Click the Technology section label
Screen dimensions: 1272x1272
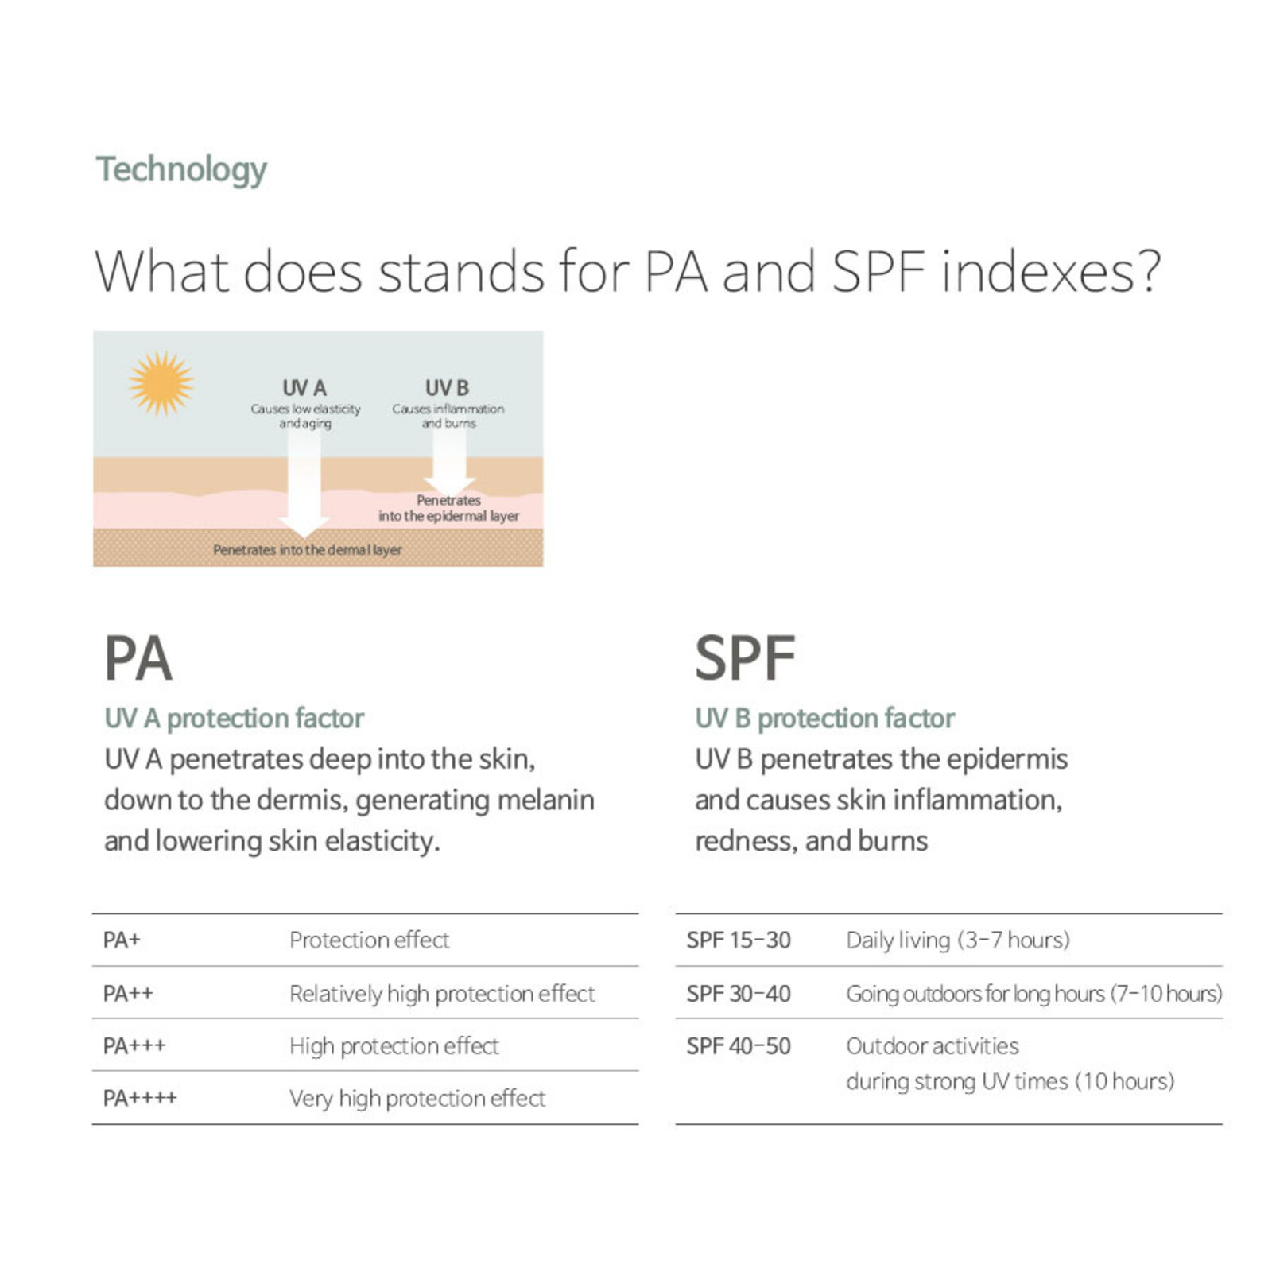point(181,170)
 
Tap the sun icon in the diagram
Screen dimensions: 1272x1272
point(161,383)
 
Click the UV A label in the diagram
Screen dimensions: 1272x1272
point(304,388)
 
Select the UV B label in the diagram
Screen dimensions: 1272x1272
point(447,388)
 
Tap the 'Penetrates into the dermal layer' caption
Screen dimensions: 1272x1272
point(307,549)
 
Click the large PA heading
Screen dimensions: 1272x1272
point(138,658)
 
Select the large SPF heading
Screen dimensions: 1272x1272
point(745,658)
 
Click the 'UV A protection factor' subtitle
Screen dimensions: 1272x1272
point(234,718)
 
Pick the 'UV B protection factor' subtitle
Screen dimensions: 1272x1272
point(824,718)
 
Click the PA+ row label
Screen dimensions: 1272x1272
point(122,940)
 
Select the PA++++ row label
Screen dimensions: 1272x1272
point(140,1099)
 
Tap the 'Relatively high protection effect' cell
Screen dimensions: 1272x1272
point(442,994)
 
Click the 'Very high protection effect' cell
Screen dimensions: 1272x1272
point(417,1099)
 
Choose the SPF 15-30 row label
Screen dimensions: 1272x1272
point(739,940)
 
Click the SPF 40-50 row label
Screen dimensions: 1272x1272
point(739,1046)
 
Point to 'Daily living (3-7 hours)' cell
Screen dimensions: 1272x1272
point(958,940)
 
